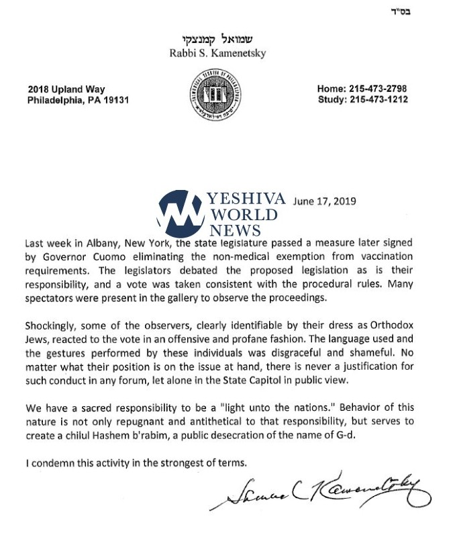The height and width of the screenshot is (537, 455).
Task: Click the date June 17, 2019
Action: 325,201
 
